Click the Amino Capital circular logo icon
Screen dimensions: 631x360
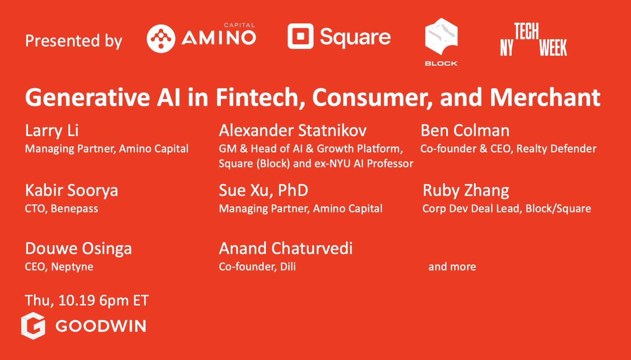[161, 39]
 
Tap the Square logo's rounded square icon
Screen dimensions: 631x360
[301, 36]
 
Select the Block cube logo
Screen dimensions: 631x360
[441, 37]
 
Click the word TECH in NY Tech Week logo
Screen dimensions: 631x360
[527, 31]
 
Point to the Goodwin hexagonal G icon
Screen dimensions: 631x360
[33, 326]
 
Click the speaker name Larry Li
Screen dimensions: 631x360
[52, 131]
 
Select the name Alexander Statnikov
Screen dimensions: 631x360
[293, 130]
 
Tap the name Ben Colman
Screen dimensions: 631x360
[465, 130]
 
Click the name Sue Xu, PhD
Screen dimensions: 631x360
[263, 191]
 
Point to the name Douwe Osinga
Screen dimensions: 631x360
[79, 249]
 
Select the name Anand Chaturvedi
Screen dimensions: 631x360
[286, 248]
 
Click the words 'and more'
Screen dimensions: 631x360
[452, 266]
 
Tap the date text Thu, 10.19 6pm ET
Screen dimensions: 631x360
[87, 300]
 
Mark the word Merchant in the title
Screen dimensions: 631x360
[545, 97]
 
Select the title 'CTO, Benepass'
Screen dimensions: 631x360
[62, 209]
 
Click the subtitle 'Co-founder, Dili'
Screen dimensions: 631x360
[257, 266]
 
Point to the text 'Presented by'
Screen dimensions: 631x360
[74, 41]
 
